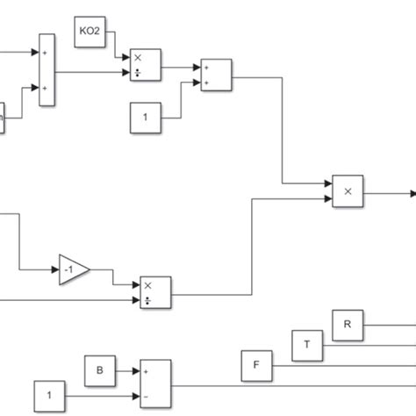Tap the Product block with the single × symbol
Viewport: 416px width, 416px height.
[x=347, y=190]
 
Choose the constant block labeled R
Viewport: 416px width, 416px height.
[x=347, y=324]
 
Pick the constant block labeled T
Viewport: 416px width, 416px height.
[x=307, y=344]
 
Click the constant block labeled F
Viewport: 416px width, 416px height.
[x=257, y=364]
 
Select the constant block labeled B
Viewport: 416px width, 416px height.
[x=99, y=372]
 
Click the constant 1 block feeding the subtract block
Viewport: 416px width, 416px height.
[x=49, y=396]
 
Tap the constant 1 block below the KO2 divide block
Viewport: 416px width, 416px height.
[x=146, y=118]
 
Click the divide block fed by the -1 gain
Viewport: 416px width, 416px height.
[x=155, y=292]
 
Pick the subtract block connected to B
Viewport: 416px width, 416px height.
[x=155, y=384]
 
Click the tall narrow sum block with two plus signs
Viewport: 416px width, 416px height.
[x=47, y=70]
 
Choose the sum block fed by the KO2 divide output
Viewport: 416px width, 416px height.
[x=215, y=75]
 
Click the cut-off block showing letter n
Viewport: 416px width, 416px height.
[x=3, y=118]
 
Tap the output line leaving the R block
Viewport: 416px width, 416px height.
[x=386, y=324]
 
